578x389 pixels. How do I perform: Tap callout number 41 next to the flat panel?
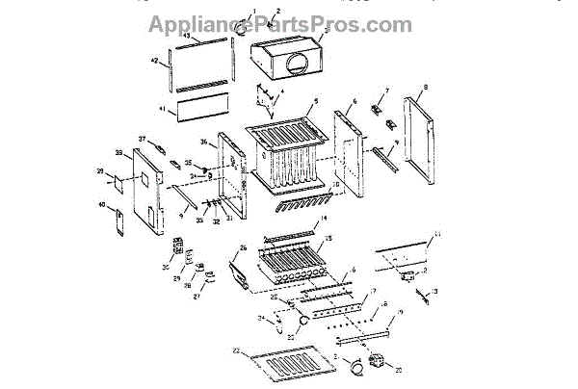(163, 109)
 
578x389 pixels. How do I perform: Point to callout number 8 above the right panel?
(424, 86)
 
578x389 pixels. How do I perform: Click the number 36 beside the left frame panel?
(204, 143)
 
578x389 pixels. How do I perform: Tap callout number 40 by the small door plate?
(103, 204)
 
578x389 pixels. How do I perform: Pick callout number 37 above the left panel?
(142, 140)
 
